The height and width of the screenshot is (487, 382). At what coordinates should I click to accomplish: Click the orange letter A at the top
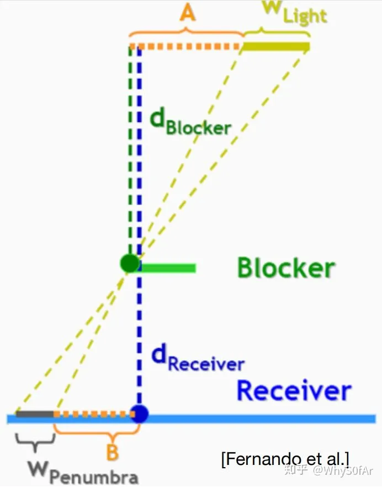tap(188, 14)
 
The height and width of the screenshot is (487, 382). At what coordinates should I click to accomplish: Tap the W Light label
tap(295, 13)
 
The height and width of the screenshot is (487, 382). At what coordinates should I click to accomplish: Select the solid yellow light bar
tap(276, 46)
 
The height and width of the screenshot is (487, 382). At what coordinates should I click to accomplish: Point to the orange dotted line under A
tap(185, 46)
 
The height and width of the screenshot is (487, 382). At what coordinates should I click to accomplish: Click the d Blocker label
tap(190, 124)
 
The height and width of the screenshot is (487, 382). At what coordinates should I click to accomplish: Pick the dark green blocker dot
tap(130, 264)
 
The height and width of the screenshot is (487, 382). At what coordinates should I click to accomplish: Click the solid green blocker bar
tap(168, 267)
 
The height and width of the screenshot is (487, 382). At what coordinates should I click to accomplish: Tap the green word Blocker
tap(286, 267)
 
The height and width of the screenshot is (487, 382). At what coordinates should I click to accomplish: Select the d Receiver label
tap(198, 358)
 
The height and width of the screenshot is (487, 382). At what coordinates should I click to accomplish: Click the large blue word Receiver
tap(294, 390)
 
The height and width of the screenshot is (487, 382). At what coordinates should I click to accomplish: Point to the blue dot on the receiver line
tap(139, 414)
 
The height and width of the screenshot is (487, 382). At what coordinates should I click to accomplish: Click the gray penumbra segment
tap(35, 414)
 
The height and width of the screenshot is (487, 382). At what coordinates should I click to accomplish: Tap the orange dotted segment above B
tap(94, 414)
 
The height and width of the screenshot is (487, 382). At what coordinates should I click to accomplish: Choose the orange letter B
tap(112, 452)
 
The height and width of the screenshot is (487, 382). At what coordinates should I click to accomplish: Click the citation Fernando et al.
tap(285, 459)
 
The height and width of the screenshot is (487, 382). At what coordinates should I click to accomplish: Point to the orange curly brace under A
tap(186, 33)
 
